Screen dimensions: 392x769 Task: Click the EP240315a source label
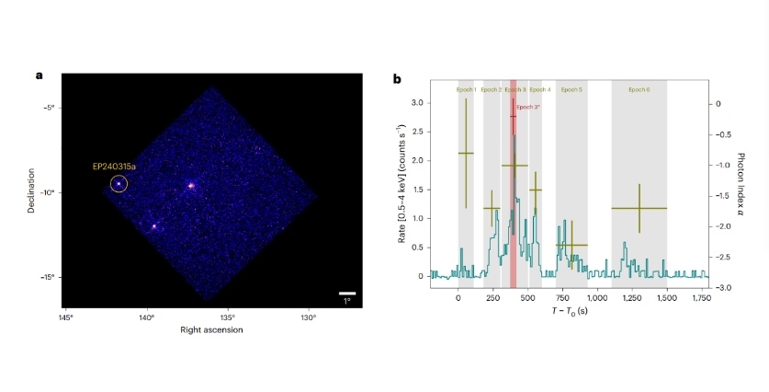[x=113, y=167]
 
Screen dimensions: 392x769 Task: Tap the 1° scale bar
[x=346, y=294]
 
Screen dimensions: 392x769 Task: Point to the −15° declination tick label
[x=50, y=277]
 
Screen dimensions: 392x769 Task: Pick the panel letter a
[x=39, y=75]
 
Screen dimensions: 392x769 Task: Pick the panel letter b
[x=397, y=78]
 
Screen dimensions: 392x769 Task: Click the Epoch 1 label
[x=466, y=89]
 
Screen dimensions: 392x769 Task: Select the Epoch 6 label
[x=639, y=89]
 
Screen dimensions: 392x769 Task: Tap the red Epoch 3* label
[x=527, y=107]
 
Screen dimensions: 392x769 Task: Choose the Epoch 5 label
[x=571, y=89]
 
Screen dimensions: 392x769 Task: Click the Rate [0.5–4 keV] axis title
[x=401, y=190]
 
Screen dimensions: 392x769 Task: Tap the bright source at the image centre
[x=191, y=185]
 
